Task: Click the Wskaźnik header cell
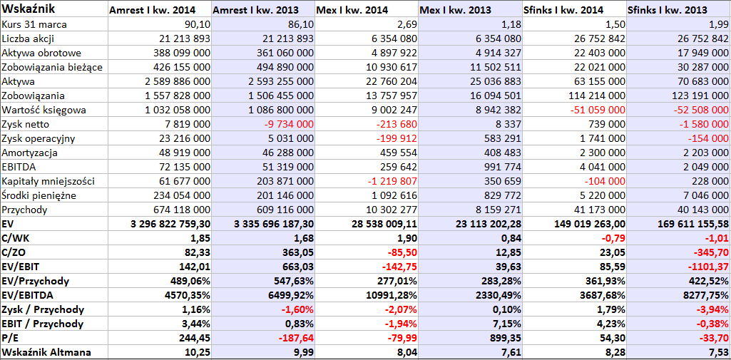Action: [x=29, y=9]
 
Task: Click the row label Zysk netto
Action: [x=26, y=124]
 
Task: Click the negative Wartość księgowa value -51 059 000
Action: [x=593, y=110]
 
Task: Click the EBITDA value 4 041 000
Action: [x=600, y=167]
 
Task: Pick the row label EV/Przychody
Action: [x=36, y=282]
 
